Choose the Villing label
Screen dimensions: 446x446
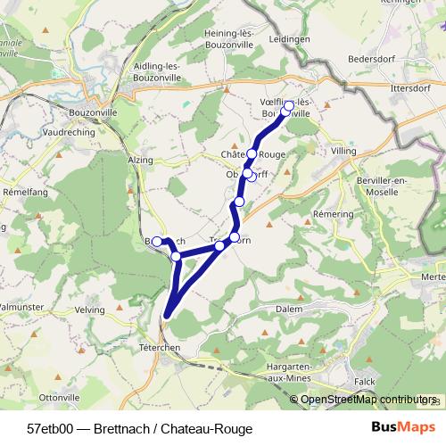point(343,152)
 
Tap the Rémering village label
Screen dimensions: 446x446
point(335,216)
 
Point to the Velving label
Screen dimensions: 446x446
point(90,310)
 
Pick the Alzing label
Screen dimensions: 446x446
point(141,159)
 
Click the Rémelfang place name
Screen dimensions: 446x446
point(25,192)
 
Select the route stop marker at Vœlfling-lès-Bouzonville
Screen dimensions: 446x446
point(288,107)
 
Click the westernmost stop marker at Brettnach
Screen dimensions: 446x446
point(157,241)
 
